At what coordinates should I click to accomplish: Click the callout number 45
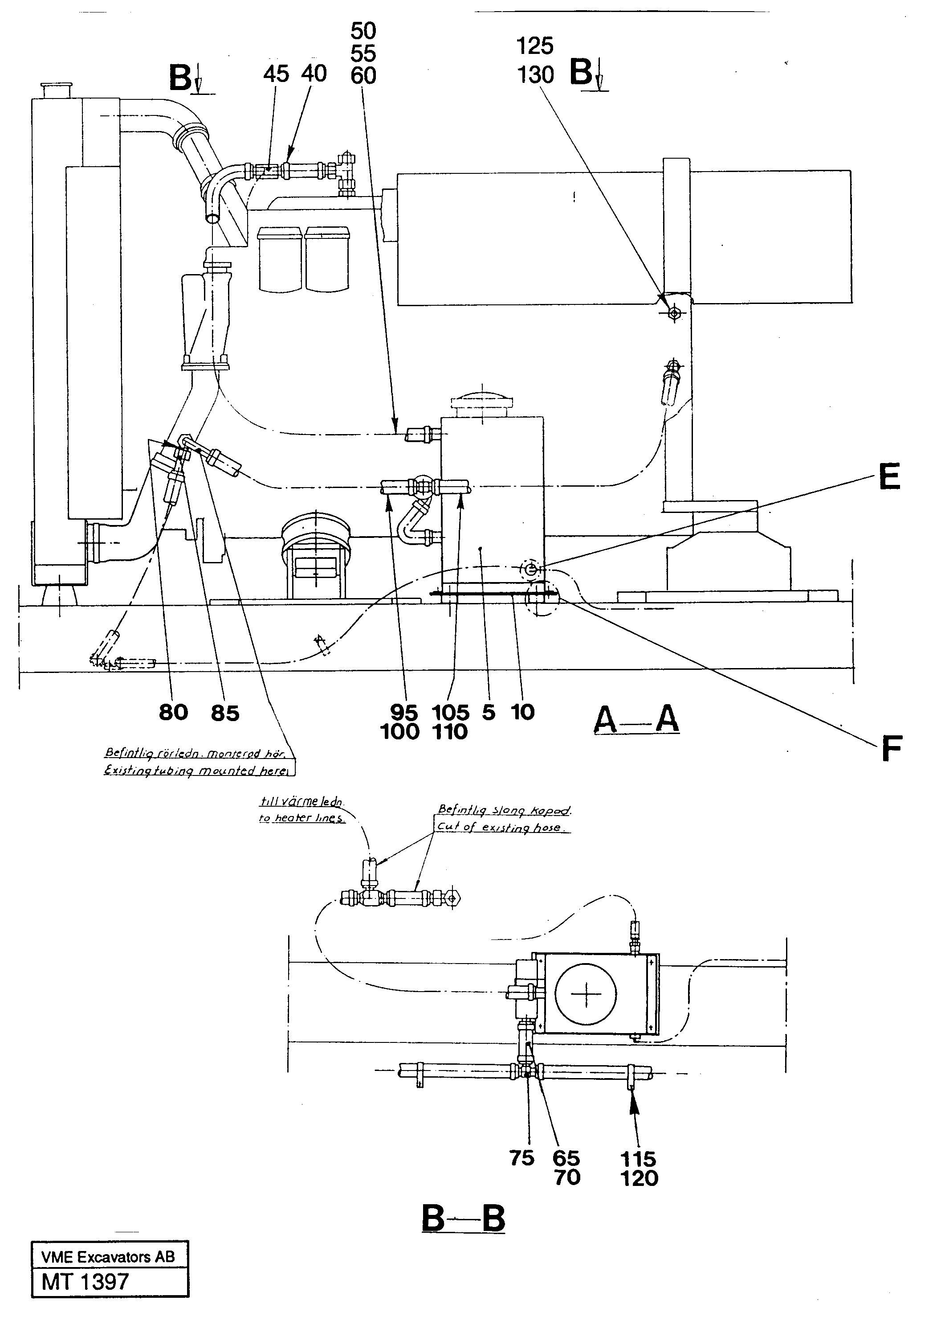click(276, 74)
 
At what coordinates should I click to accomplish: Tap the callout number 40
click(314, 74)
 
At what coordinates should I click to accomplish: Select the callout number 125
click(535, 46)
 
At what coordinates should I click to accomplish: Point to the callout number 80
click(173, 713)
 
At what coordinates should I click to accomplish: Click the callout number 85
click(225, 713)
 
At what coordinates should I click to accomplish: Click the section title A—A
click(636, 721)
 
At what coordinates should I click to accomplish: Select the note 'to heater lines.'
click(301, 818)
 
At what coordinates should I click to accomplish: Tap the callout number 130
click(535, 75)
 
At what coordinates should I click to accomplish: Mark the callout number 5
click(489, 712)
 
